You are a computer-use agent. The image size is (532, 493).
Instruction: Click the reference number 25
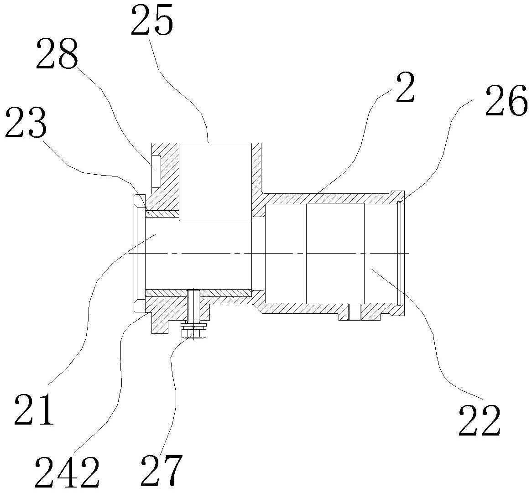[152, 21]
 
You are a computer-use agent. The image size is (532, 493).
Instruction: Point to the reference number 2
[404, 89]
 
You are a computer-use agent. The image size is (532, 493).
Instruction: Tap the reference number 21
[34, 409]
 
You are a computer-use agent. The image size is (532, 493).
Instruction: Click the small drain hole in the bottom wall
[354, 312]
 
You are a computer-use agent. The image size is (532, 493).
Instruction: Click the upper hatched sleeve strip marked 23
[162, 213]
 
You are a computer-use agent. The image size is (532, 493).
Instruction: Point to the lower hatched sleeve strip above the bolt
[219, 292]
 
